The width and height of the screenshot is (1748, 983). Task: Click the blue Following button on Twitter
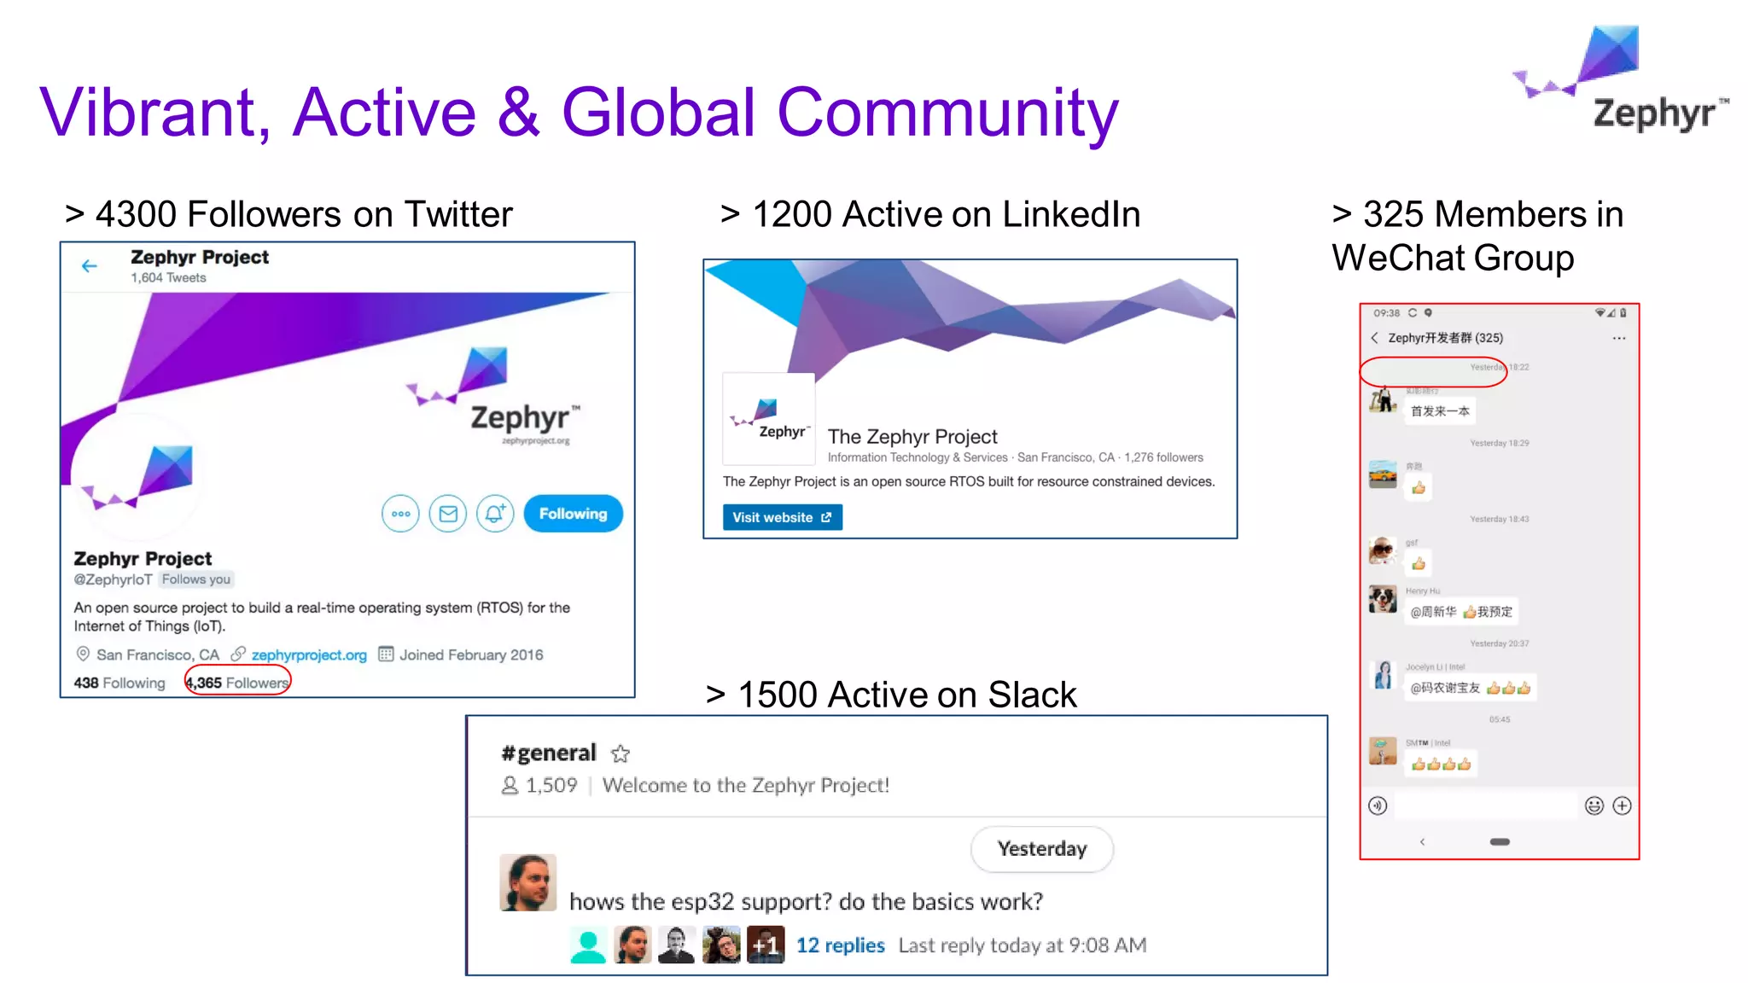tap(573, 514)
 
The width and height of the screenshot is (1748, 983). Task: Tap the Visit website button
tap(782, 517)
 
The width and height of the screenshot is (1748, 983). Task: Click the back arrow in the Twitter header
tap(90, 266)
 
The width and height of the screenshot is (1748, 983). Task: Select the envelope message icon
tap(448, 514)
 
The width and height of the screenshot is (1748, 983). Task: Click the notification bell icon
tap(495, 514)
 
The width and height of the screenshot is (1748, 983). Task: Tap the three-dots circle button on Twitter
tap(400, 514)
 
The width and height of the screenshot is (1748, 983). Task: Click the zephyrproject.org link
tap(309, 654)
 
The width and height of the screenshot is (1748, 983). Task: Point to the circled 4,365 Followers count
tap(238, 683)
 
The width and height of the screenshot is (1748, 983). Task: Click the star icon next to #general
tap(621, 753)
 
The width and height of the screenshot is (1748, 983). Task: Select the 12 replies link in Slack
tap(840, 945)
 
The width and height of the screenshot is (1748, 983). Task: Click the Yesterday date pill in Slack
tap(1041, 849)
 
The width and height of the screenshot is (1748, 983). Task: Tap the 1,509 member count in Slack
tap(551, 785)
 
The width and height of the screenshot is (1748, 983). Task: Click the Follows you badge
tap(196, 579)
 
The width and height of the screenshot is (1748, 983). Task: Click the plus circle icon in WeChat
tap(1622, 806)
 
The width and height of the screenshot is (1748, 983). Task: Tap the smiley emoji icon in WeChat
tap(1594, 806)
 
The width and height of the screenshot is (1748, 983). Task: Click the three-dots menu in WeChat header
tap(1618, 339)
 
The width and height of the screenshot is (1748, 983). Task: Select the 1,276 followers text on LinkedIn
tap(1163, 457)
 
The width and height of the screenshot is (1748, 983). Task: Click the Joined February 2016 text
tap(471, 654)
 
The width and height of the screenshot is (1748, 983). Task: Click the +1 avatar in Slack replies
tap(766, 945)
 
